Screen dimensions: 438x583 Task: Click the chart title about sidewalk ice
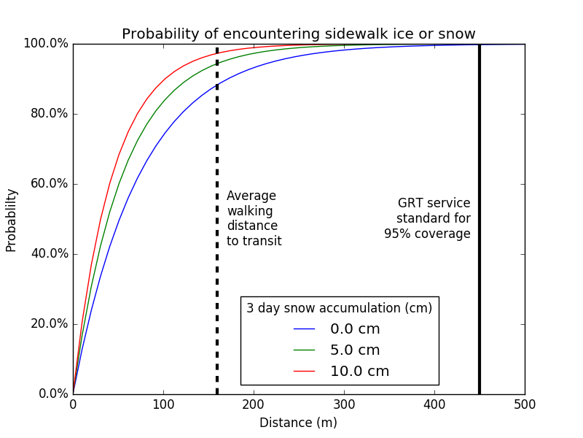point(298,34)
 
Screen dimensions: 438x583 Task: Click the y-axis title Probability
point(11,220)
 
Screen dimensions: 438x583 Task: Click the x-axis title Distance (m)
point(298,423)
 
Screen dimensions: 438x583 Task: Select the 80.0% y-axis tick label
point(48,114)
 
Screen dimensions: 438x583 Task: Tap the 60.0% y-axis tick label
point(48,184)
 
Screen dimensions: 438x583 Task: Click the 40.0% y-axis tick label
point(48,254)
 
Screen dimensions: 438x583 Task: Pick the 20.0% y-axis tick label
point(48,324)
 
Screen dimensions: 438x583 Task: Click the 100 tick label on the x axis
point(163,404)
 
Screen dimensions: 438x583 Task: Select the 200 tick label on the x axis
point(254,404)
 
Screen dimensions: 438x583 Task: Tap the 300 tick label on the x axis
point(344,404)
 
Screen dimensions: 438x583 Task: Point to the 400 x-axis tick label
point(434,404)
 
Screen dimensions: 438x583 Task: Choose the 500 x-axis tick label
point(524,404)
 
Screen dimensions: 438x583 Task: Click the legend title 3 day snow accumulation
point(339,308)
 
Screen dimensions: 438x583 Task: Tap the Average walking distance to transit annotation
point(254,218)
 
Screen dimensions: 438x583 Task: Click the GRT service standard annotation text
point(428,218)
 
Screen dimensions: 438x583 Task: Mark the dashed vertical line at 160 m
point(217,292)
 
